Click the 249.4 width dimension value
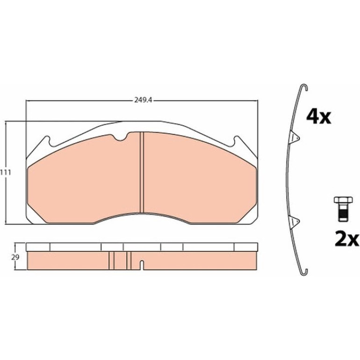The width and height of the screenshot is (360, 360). [x=142, y=101]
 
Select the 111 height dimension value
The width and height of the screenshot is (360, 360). [x=5, y=173]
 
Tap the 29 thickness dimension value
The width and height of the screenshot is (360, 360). [x=15, y=257]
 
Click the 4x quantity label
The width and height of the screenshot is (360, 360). [x=319, y=117]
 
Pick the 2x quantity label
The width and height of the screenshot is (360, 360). [x=347, y=239]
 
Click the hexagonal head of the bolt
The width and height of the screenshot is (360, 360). [x=343, y=200]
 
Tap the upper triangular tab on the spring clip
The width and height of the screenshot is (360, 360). [x=295, y=137]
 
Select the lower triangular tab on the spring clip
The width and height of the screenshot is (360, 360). [x=295, y=222]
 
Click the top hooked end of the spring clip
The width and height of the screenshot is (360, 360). [x=304, y=86]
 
